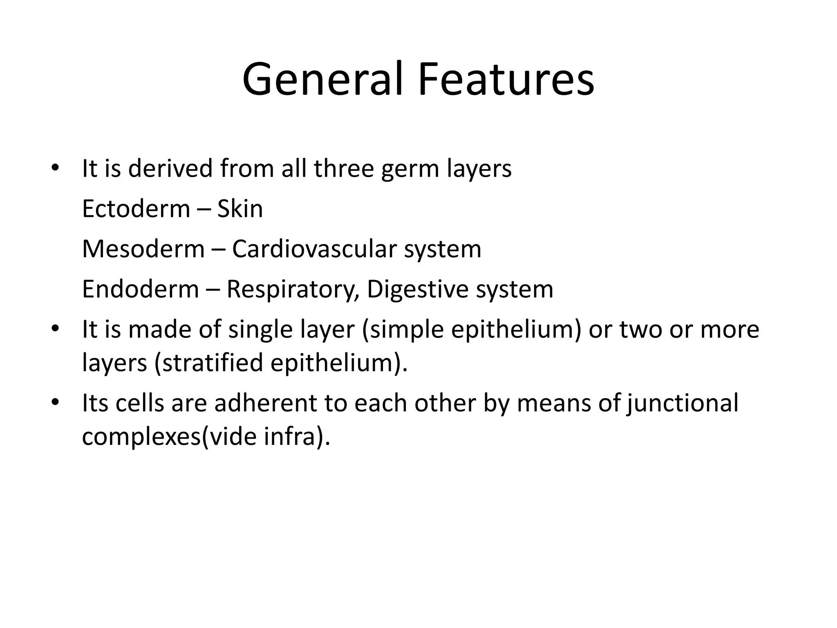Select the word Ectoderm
[136, 209]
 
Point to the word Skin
[240, 209]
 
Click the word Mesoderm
[143, 249]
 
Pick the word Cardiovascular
[314, 249]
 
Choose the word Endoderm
[140, 289]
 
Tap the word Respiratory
[293, 290]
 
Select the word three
[344, 168]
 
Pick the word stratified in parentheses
[213, 363]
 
